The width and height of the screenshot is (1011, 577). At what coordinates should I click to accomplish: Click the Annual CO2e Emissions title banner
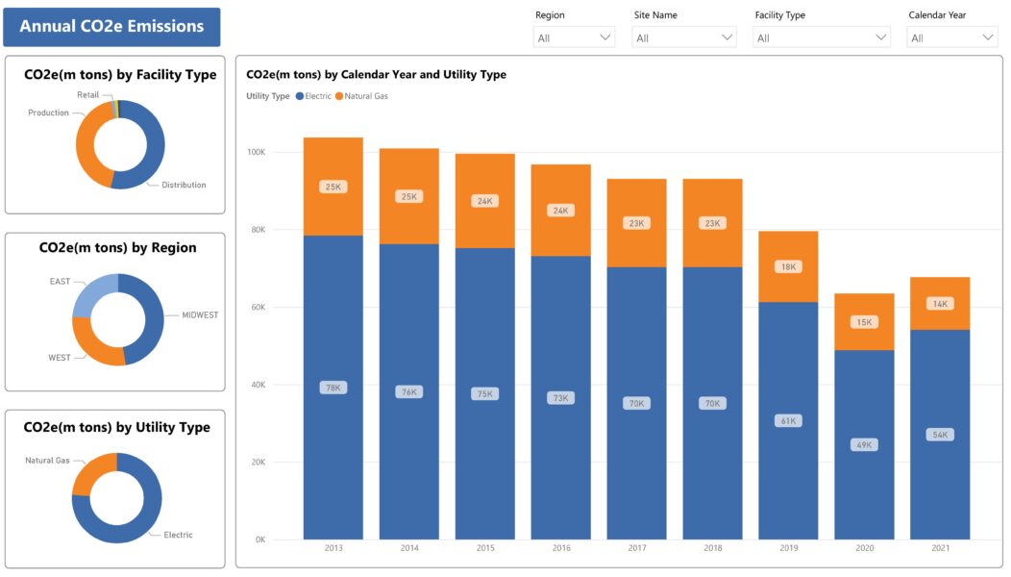[111, 27]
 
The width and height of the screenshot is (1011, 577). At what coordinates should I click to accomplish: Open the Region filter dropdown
[574, 38]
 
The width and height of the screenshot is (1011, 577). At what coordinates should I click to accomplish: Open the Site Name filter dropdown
[683, 38]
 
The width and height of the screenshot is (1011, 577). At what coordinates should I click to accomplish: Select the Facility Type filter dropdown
[822, 38]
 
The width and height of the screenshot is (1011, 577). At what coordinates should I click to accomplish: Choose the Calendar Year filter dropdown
[952, 38]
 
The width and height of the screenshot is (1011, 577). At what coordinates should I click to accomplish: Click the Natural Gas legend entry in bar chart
[362, 96]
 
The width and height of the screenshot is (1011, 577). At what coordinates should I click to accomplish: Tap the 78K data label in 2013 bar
[333, 388]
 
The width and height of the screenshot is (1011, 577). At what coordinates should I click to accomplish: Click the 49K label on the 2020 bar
[864, 444]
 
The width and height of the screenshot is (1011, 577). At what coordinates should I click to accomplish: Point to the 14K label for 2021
[940, 304]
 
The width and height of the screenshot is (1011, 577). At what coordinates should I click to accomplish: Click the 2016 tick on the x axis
[561, 548]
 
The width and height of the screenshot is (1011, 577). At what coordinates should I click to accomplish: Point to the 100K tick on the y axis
[256, 152]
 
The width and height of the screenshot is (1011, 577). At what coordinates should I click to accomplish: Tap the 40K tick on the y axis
[258, 385]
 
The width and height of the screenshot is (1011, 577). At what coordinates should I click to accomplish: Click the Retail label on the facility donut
[87, 95]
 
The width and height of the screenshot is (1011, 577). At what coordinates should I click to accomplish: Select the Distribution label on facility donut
[184, 185]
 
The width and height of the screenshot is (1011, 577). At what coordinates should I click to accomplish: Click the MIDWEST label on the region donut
[200, 314]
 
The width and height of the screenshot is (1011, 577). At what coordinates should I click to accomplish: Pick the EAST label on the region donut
[60, 282]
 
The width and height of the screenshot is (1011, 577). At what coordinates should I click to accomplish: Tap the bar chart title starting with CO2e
[376, 75]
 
